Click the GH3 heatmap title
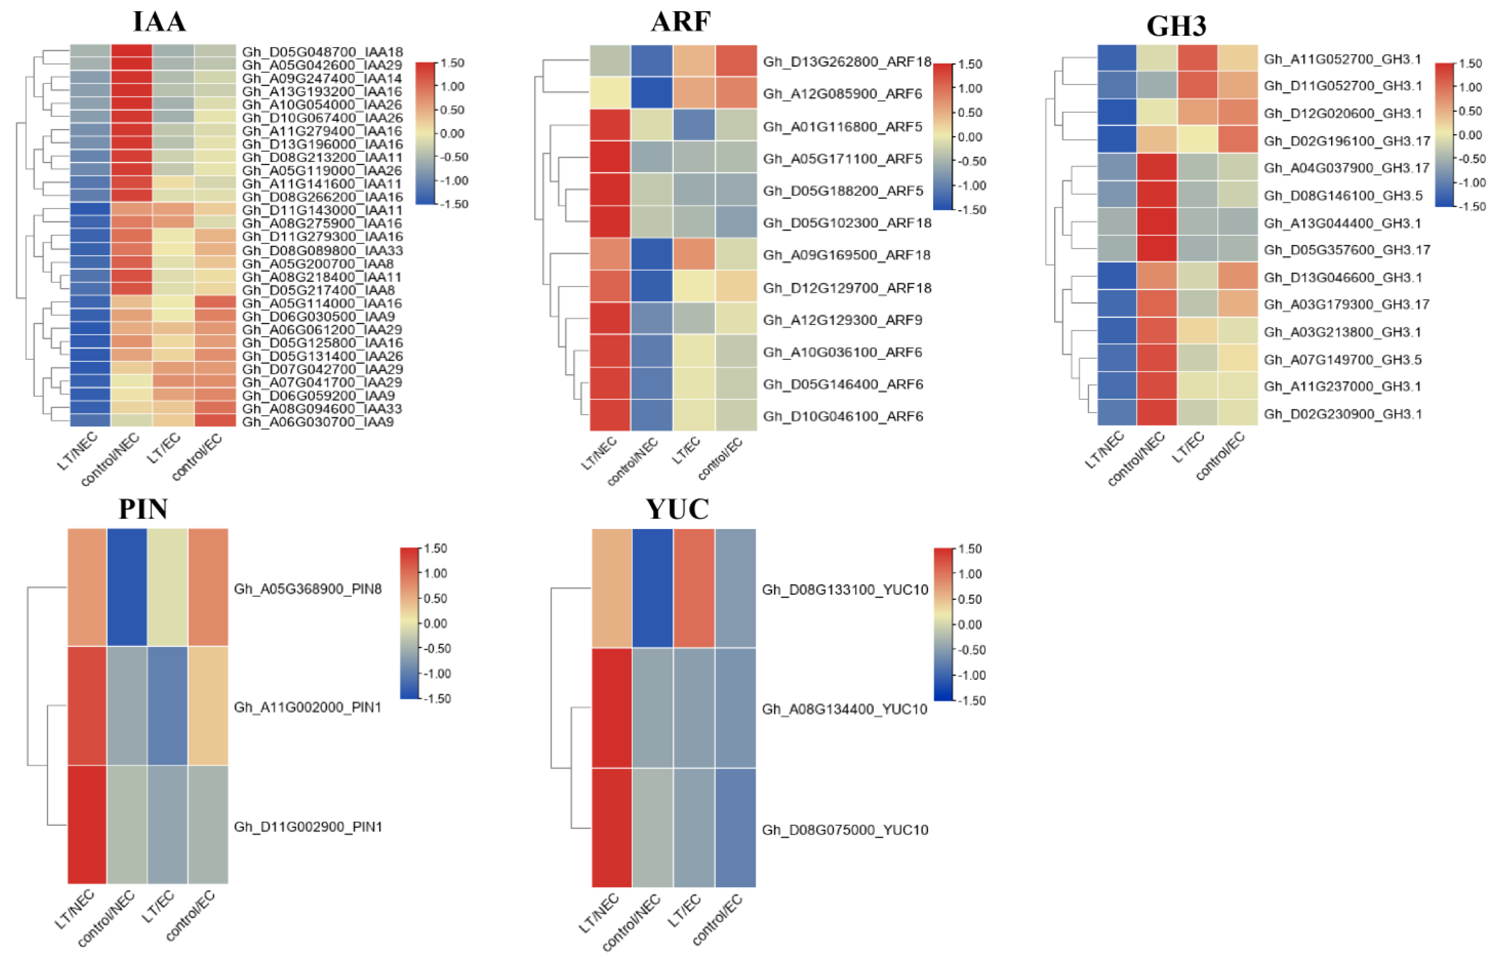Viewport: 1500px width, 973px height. pyautogui.click(x=1176, y=26)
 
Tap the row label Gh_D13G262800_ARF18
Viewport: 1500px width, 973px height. pyautogui.click(x=847, y=62)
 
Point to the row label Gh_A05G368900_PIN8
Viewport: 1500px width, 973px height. pyautogui.click(x=308, y=589)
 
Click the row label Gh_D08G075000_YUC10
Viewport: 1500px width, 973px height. pyautogui.click(x=845, y=830)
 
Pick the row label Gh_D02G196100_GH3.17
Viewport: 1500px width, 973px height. pyautogui.click(x=1347, y=141)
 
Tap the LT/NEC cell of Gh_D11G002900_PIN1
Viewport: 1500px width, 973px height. pyautogui.click(x=87, y=824)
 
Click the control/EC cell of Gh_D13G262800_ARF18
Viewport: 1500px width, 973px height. pyautogui.click(x=735, y=61)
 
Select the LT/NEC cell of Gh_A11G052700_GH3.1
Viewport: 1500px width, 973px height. pyautogui.click(x=1117, y=58)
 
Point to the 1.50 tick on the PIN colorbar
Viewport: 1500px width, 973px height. pyautogui.click(x=436, y=549)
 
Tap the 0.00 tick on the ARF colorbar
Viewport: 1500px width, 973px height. pyautogui.click(x=969, y=137)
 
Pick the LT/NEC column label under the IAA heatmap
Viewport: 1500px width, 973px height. pyautogui.click(x=77, y=452)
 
